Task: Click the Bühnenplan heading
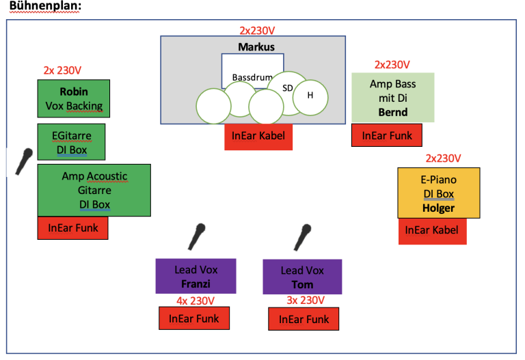point(45,6)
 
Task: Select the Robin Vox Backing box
point(74,98)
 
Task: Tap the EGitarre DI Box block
point(71,142)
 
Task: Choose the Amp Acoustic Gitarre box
point(94,190)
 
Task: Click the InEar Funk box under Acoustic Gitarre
point(72,228)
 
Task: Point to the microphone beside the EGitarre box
point(24,161)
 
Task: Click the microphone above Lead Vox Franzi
point(197,236)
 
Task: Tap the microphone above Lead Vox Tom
point(302,237)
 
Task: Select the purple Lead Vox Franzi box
point(196,276)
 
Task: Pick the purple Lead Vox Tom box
point(302,277)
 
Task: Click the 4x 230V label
point(196,301)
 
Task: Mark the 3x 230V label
point(306,300)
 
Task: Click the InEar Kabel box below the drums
point(258,137)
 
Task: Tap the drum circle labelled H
point(310,98)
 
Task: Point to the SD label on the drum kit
point(288,88)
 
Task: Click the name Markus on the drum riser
point(256,47)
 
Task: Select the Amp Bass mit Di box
point(393,98)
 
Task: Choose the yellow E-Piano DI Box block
point(439,193)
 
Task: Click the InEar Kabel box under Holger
point(432,231)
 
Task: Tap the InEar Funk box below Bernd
point(387,135)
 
